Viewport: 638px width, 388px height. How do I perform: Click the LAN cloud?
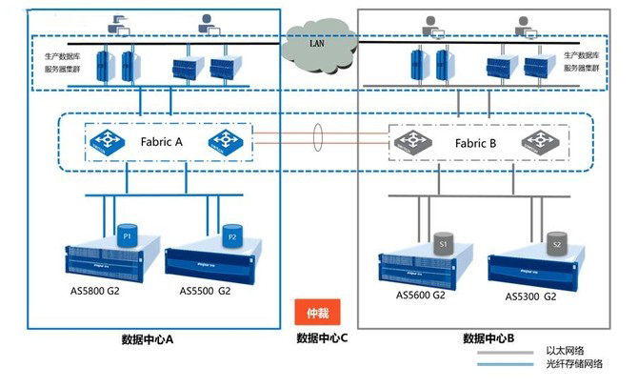317,42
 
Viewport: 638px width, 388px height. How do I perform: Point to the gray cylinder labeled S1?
442,244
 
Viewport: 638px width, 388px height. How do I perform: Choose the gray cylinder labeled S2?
556,245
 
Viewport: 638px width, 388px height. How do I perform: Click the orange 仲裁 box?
318,312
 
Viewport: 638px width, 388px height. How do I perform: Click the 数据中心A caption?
148,339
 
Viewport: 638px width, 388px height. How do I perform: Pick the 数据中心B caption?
488,338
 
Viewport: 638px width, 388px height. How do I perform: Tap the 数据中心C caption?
322,338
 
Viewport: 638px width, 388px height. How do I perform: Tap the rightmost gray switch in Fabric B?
538,143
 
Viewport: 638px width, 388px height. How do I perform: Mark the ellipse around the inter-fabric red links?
318,141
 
